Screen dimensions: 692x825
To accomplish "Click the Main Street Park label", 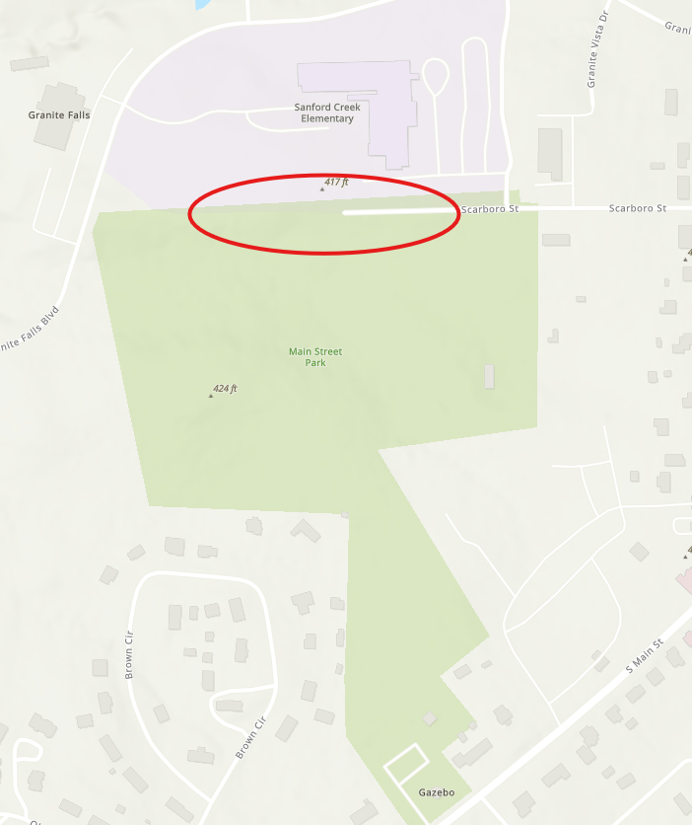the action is (x=315, y=357).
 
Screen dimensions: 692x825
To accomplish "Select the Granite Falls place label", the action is (x=59, y=115).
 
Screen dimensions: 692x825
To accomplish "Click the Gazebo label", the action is (x=436, y=792).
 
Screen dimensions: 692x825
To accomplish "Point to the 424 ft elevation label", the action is (x=226, y=389).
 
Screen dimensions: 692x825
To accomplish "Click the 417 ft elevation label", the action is (x=337, y=183).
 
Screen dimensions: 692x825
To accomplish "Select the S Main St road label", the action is (x=646, y=656).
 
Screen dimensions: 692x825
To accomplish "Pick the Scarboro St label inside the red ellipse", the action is (x=490, y=209).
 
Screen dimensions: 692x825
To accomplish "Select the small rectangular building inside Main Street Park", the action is (x=489, y=376).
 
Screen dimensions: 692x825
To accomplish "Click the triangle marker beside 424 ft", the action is (x=211, y=395).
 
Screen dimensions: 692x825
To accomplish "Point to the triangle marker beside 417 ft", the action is (x=322, y=187).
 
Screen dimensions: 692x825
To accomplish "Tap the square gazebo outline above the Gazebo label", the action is (x=406, y=765).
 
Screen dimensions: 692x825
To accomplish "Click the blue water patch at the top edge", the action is (x=203, y=4).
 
